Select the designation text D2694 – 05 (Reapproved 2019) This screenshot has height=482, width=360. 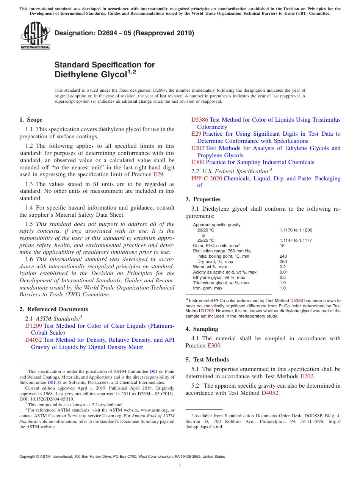click(x=124, y=33)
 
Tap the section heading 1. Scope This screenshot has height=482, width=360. click(x=31, y=120)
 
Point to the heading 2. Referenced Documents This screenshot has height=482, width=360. click(x=53, y=309)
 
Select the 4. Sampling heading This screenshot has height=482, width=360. click(x=202, y=329)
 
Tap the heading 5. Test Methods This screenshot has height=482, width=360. click(x=207, y=360)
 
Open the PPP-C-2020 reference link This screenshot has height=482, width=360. click(x=207, y=178)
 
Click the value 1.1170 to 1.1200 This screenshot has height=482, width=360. click(x=296, y=230)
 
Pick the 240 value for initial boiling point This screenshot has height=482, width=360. click(x=283, y=256)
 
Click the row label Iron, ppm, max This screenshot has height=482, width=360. click(x=208, y=288)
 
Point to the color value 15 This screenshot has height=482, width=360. click(x=282, y=246)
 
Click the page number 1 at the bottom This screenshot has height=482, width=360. click(x=180, y=466)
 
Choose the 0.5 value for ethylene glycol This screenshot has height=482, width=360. click(x=282, y=277)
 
